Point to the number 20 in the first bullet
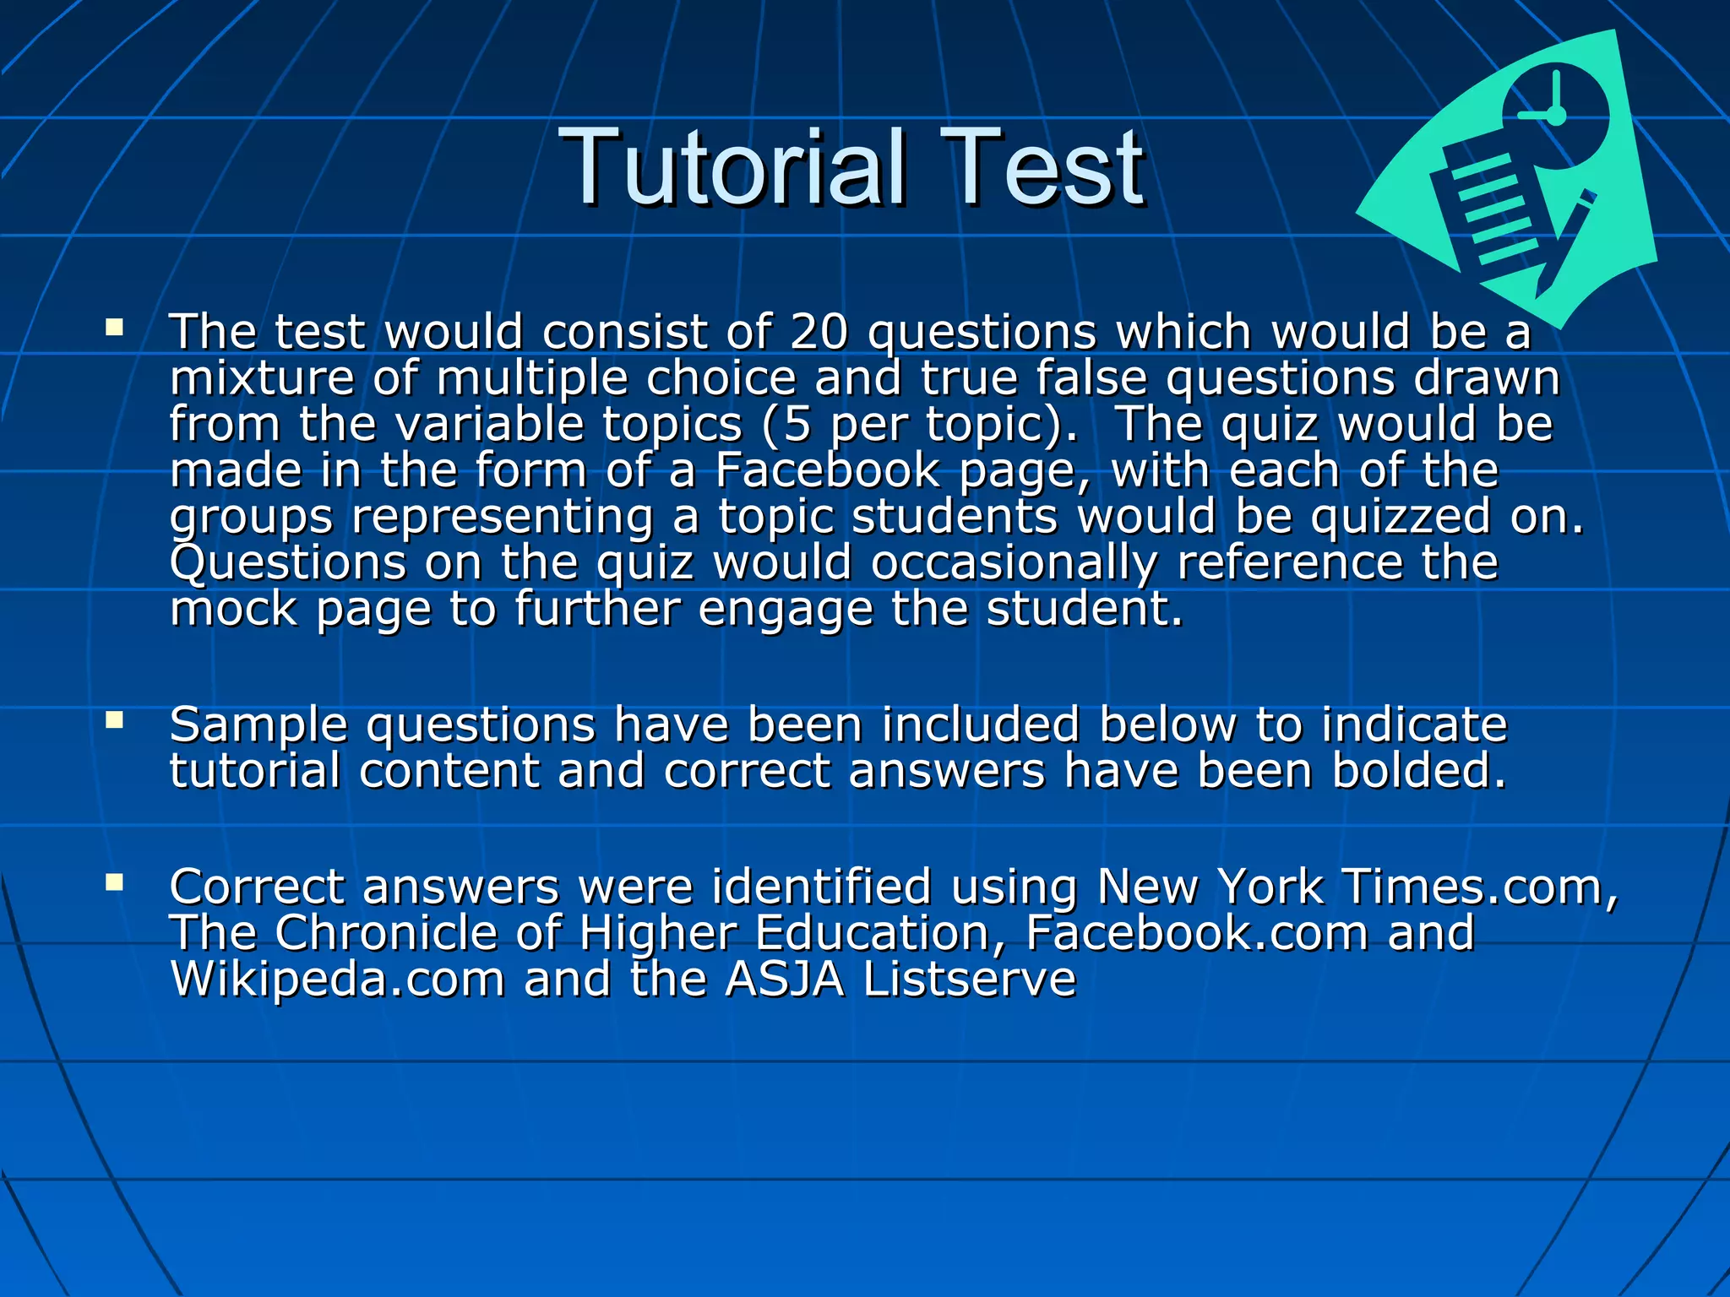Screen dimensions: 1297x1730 (818, 331)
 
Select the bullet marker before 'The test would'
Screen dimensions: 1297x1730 (115, 327)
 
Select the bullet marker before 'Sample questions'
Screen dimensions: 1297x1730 (115, 720)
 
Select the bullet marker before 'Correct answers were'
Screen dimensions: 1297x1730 (115, 882)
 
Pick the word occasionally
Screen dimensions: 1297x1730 (1014, 562)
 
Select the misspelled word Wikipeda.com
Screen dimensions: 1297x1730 (337, 980)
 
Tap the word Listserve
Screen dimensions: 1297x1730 (969, 980)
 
